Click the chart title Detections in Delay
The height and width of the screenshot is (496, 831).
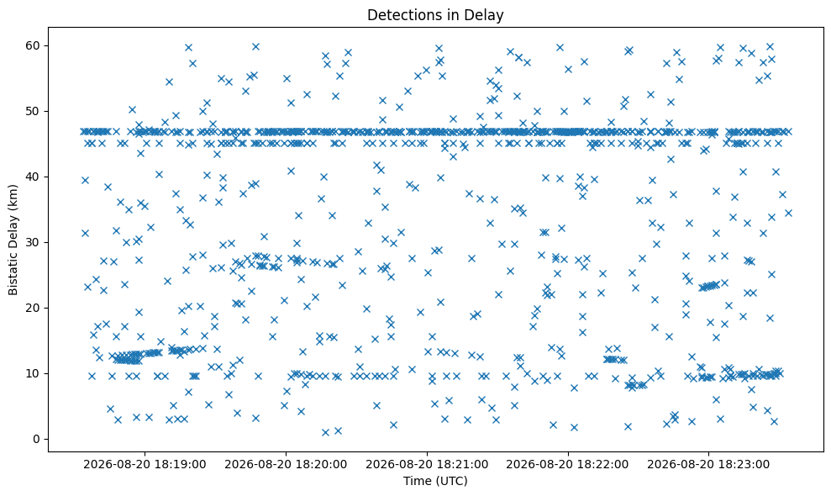point(435,15)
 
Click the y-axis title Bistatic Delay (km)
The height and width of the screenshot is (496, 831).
point(13,240)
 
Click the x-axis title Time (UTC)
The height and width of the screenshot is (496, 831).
point(435,481)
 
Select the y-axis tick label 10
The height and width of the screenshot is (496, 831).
point(34,373)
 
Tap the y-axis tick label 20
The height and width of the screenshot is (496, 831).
point(34,309)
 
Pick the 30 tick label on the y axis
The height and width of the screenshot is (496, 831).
point(34,242)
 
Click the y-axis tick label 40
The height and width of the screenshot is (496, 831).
point(34,177)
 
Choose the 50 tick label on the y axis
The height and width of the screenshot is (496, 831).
point(34,112)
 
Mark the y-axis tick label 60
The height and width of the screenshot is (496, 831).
point(34,45)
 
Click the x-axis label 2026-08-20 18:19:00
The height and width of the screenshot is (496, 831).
point(145,465)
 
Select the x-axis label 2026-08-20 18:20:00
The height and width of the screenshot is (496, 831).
point(287,465)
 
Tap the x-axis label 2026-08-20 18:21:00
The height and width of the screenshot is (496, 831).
point(427,465)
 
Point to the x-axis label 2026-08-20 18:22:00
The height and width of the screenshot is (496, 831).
point(568,465)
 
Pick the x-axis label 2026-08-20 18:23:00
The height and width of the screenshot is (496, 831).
point(709,465)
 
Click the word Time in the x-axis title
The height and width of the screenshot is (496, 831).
point(416,481)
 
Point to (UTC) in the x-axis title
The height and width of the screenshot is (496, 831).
point(450,481)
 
